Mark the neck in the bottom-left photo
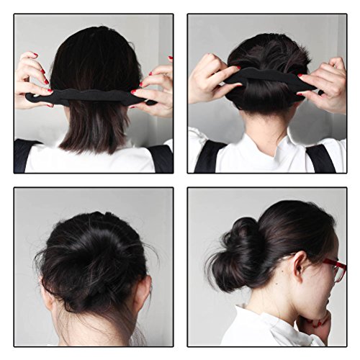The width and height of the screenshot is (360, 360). pyautogui.click(x=94, y=324)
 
